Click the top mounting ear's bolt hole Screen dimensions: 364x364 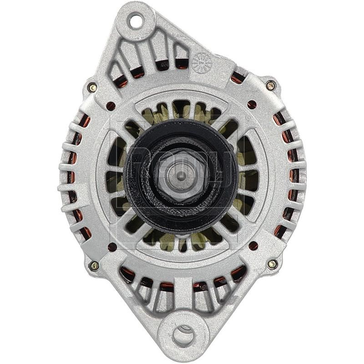tap(135, 20)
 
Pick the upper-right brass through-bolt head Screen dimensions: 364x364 tap(270, 85)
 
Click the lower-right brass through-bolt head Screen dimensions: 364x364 tap(272, 264)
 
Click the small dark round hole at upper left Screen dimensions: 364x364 tap(111, 106)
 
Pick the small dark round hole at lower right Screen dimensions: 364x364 tap(253, 246)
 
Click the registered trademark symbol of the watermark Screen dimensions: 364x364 tap(248, 117)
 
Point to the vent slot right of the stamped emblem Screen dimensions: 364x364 tap(237, 77)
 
